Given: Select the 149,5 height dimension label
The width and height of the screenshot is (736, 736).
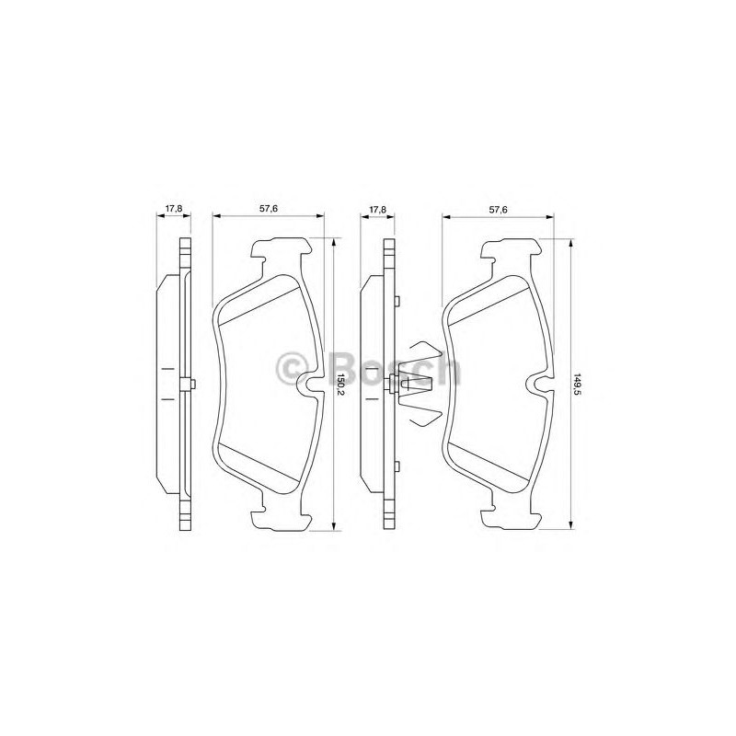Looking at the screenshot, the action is [x=578, y=385].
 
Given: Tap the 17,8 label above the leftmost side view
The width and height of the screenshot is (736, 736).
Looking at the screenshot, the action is [x=174, y=210].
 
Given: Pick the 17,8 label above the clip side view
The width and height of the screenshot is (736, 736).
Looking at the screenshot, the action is [x=377, y=210].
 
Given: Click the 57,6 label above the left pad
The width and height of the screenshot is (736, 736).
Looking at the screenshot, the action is [x=269, y=210].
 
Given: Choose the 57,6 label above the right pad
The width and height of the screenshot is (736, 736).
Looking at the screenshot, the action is [x=499, y=210].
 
